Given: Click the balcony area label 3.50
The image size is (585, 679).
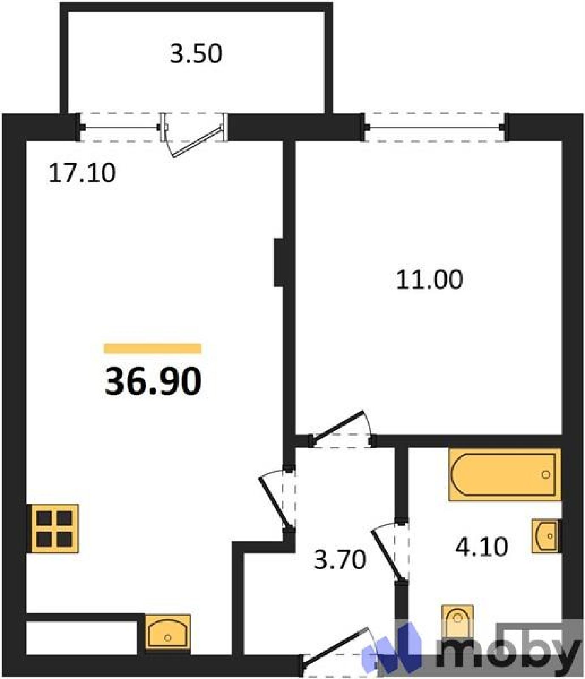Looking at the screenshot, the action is click(196, 54).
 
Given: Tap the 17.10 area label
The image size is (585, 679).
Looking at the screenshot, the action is click(82, 173).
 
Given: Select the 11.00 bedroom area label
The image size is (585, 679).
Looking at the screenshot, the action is click(429, 280).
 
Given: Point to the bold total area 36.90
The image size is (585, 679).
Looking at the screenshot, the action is click(153, 382).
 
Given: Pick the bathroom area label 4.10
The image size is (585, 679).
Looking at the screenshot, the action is click(481, 547).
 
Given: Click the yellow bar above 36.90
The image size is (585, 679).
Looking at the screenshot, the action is click(153, 348).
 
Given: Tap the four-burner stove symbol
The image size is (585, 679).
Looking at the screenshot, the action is click(53, 528).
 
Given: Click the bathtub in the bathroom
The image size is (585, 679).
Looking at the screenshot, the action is click(505, 474).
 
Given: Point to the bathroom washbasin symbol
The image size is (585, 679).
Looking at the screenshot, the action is click(545, 536).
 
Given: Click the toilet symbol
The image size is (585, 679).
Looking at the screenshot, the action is click(457, 622).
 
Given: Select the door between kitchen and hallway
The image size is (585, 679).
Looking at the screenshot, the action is click(275, 502).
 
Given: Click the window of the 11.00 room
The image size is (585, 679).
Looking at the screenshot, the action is click(435, 127).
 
